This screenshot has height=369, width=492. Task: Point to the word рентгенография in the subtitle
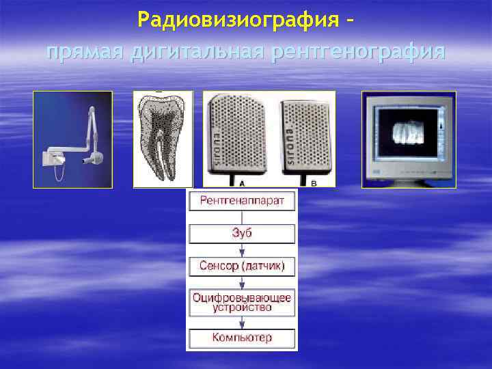(x=358, y=52)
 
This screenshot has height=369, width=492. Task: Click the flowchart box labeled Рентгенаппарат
(x=242, y=201)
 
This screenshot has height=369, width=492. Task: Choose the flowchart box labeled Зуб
(x=242, y=234)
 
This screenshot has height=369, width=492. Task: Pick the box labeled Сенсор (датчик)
(x=242, y=266)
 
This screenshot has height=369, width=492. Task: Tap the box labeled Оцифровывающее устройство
(x=242, y=302)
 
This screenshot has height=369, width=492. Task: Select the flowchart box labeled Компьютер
(x=242, y=338)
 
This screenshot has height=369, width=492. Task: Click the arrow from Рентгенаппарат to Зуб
(x=242, y=217)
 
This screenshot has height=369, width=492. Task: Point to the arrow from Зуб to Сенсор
(x=242, y=250)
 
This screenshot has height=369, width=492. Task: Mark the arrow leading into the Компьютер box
(x=242, y=323)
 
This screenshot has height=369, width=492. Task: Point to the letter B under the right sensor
(x=314, y=183)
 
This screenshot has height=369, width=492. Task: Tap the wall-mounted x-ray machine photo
(x=72, y=139)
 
